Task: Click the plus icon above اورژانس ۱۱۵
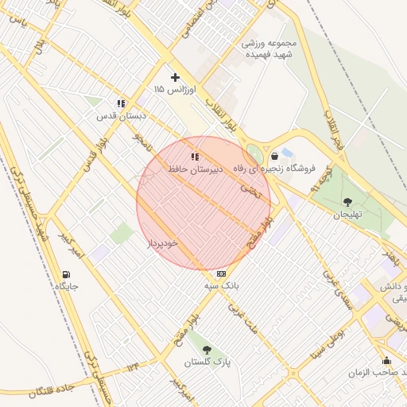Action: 176,77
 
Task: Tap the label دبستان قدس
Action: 122,116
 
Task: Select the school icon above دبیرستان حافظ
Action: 195,157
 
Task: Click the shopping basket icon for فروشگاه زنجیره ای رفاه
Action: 274,156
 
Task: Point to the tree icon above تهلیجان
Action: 347,201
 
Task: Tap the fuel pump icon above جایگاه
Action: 64,273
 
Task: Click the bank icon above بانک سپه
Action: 220,273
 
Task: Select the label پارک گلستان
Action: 207,362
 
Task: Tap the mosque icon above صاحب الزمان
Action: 387,360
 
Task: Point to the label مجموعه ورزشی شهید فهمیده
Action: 270,49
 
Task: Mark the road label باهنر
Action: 390,255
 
